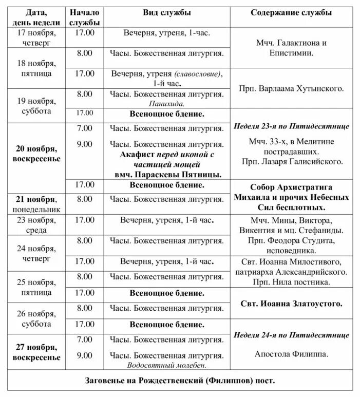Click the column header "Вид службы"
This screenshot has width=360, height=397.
[166, 12]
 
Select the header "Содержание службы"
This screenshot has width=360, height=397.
[291, 12]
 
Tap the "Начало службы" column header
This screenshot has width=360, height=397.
[85, 17]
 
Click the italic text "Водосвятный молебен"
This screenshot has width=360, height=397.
[167, 365]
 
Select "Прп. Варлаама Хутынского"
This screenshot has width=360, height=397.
[291, 89]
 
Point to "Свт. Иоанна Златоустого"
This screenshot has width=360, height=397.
[291, 304]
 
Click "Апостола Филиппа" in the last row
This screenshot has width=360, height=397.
[291, 354]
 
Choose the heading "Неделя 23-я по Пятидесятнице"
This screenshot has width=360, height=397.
[291, 126]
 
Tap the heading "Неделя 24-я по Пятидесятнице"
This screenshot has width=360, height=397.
[291, 335]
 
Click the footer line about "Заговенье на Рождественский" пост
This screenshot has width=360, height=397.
[180, 381]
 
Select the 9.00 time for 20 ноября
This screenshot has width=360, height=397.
[85, 144]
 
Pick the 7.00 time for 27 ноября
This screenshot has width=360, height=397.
[85, 339]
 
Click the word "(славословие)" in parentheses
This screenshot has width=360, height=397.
[198, 73]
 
